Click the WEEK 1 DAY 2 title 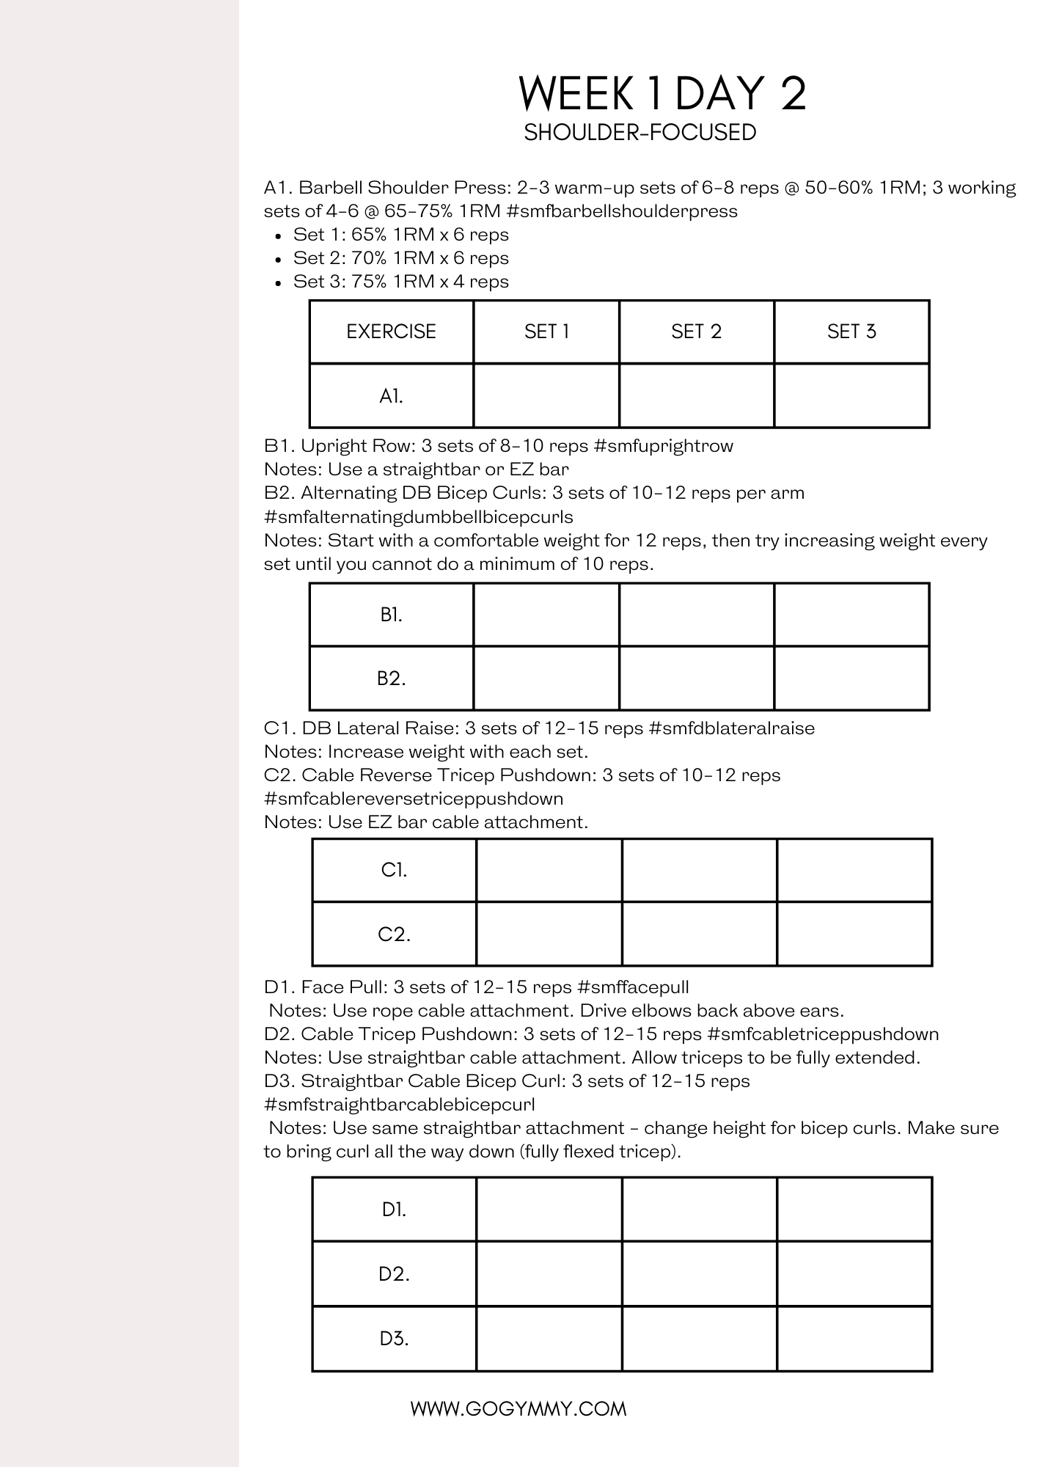coord(662,93)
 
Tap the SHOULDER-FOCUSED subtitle coord(640,133)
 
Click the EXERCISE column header coord(391,332)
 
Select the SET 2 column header coord(696,332)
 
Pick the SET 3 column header coord(851,332)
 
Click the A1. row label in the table coord(391,396)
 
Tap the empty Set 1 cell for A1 coord(546,396)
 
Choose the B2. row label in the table coord(391,678)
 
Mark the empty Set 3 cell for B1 coord(851,615)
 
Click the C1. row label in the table coord(394,870)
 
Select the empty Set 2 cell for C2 coord(699,934)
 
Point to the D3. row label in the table coord(394,1339)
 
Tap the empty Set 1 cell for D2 coord(549,1274)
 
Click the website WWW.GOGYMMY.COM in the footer coord(518,1408)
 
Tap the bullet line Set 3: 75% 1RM coord(400,282)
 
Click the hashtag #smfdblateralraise coord(732,728)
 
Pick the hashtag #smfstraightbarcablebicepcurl coord(399,1105)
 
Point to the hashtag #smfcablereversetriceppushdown coord(414,799)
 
